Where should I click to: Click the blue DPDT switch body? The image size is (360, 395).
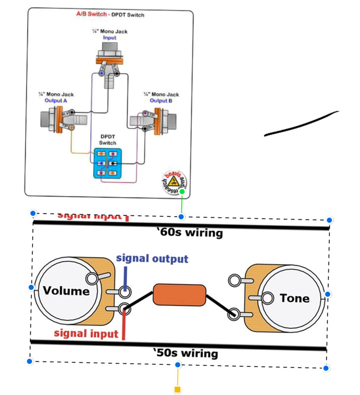pos(108,162)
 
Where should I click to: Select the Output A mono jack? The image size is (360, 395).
pos(58,119)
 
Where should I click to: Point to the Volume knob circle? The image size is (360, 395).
pos(66,291)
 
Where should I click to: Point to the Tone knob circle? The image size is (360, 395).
pos(294,298)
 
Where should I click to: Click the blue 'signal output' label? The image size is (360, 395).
pos(152,259)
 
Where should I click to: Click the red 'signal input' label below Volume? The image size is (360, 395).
pos(86,333)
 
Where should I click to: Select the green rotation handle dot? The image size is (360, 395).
pos(182,192)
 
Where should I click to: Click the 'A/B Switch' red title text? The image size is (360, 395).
pos(91,15)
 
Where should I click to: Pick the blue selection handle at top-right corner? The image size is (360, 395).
pos(330,220)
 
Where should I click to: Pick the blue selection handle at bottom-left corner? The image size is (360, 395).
pos(30,362)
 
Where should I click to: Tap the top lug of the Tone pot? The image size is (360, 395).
pos(235,281)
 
